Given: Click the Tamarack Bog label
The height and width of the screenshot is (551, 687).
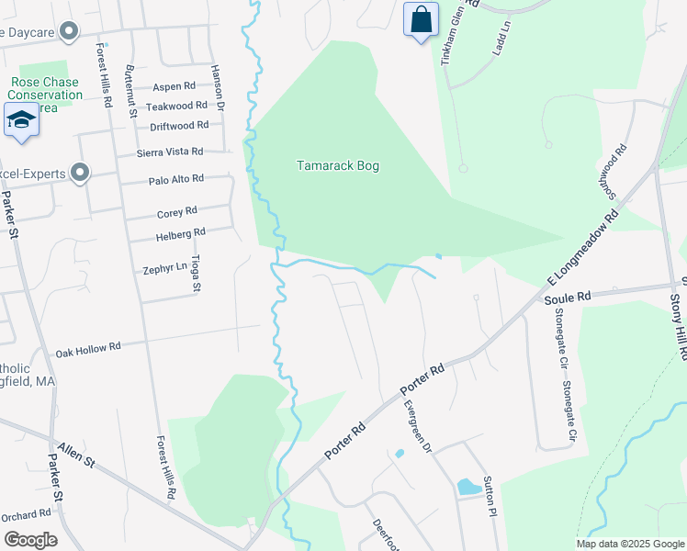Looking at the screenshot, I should tap(337, 166).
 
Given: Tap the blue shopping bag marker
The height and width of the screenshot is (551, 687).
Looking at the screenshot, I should tap(421, 20).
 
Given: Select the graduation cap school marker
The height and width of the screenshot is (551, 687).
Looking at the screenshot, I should tap(21, 120).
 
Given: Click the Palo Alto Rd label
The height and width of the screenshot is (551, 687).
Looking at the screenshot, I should tap(175, 180).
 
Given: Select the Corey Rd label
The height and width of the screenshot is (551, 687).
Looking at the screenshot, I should tap(177, 212).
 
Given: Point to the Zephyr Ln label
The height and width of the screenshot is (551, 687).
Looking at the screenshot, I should tap(164, 270).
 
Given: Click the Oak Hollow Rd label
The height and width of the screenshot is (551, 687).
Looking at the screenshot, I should tap(88, 349).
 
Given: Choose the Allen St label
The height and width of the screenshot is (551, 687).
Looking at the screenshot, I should tap(76, 454).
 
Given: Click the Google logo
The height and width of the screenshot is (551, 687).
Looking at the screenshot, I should tap(30, 539).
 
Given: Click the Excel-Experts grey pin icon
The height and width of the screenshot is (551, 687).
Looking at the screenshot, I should tap(80, 172).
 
